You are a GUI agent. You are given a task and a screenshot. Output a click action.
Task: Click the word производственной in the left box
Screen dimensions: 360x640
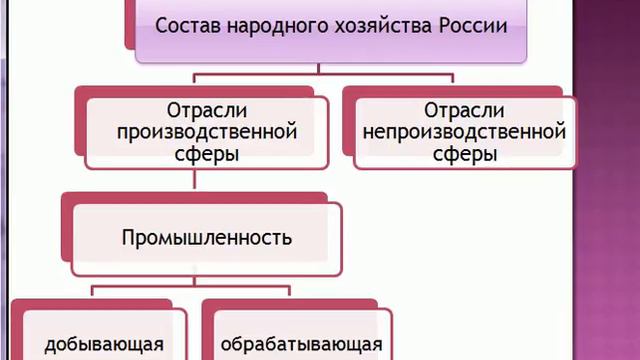point(208,131)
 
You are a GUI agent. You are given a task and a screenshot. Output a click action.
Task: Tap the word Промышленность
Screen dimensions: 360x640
point(207,238)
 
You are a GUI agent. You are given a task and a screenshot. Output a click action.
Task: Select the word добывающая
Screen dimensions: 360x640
point(104,345)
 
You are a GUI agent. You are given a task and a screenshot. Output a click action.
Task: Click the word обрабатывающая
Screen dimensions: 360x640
point(301,345)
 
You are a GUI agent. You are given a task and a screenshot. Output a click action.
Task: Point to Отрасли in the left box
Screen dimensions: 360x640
point(208,109)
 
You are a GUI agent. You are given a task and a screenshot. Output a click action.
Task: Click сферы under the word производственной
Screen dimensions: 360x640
point(208,154)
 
